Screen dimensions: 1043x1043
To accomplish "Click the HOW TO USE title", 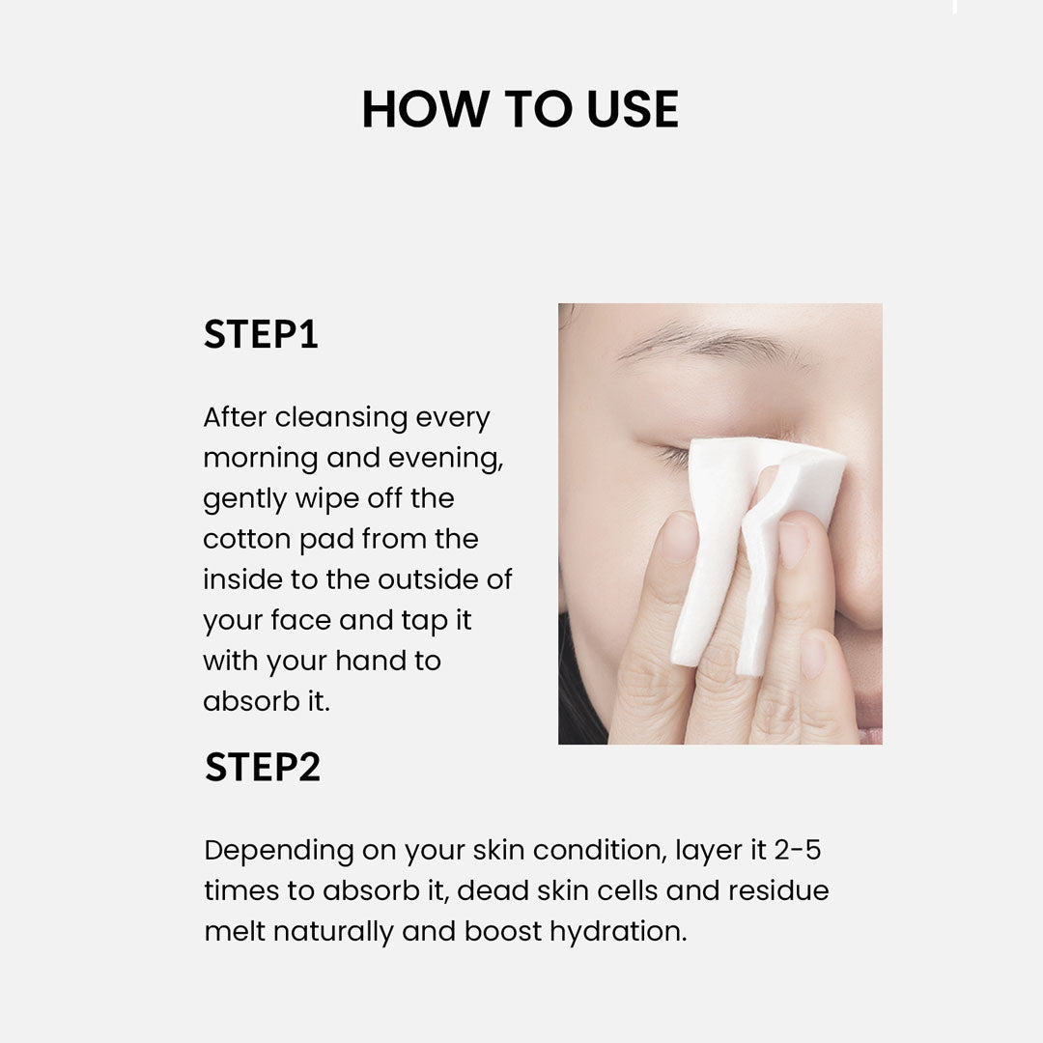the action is [521, 109].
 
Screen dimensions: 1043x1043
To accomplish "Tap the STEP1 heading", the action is [261, 334].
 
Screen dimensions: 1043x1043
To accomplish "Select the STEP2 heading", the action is [262, 767].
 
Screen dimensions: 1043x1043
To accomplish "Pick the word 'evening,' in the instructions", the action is [445, 459].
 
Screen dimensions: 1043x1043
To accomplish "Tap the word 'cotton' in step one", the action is [246, 540].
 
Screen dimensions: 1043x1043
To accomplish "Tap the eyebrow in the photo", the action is [712, 344].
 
